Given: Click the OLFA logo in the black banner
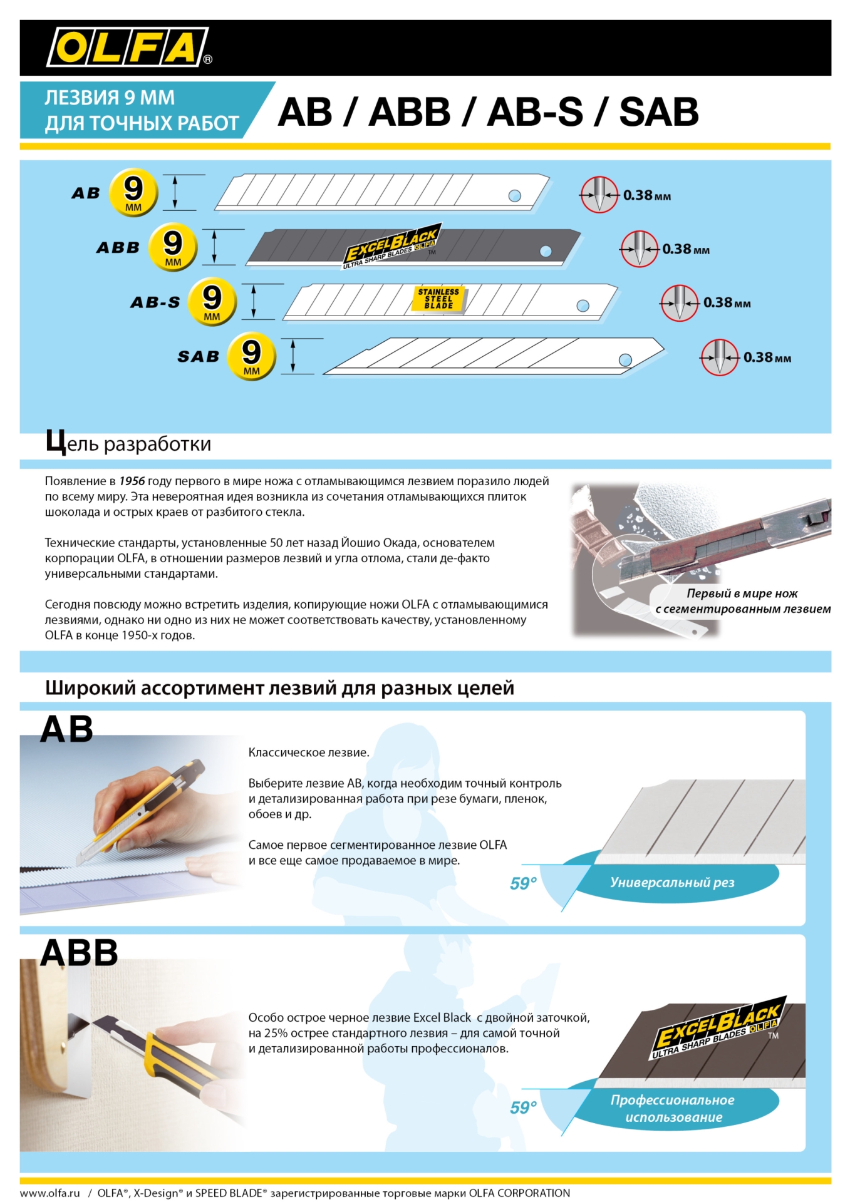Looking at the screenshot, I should tap(128, 47).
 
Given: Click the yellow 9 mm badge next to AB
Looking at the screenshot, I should tap(133, 192).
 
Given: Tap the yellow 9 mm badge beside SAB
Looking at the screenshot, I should tap(251, 356).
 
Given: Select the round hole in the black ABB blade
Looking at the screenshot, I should tap(546, 251).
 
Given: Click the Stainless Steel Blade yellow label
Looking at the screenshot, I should tap(438, 299).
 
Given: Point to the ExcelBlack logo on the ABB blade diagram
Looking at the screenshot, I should tap(391, 245).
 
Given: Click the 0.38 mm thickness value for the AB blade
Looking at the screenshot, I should tap(646, 195).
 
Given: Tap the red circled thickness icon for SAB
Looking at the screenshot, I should tap(719, 357).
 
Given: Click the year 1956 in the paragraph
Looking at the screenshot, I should tap(132, 481).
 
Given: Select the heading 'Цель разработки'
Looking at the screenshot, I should tap(128, 443).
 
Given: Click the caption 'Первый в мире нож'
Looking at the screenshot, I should tap(742, 593).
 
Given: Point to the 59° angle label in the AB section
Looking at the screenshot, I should tap(523, 883).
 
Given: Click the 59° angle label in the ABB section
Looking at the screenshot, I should tap(523, 1107).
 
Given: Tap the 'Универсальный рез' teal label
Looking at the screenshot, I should tap(672, 882).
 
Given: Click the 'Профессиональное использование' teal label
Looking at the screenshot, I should tap(673, 1108).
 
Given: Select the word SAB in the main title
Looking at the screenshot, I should tap(659, 112).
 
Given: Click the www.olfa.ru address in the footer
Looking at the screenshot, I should tap(50, 1193).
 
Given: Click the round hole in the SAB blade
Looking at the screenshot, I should tap(625, 360).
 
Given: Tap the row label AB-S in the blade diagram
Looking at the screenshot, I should tap(155, 302).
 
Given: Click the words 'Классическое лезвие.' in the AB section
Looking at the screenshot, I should tap(309, 753).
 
